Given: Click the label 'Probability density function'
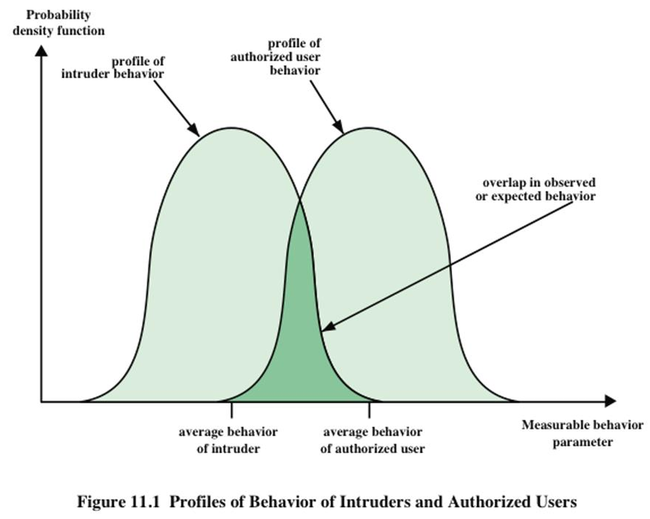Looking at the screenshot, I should [x=58, y=23].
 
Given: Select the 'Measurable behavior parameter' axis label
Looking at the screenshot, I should [x=582, y=433].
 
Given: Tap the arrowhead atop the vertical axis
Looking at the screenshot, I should [x=41, y=51].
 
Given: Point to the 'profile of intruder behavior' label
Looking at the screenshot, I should [x=112, y=68].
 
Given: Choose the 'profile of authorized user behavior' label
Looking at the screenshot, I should [x=276, y=57].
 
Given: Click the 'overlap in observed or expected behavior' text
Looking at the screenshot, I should [x=535, y=189].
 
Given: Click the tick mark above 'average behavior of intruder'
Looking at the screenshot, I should [x=231, y=410].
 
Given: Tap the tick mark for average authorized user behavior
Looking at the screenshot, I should [x=369, y=410].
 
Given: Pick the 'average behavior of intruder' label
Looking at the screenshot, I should [x=228, y=440].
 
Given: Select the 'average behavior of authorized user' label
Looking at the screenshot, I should [x=372, y=440].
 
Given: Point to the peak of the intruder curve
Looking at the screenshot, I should [x=231, y=128].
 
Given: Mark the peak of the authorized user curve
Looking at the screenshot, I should [x=369, y=128].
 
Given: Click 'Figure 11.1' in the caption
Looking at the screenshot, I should [x=118, y=502].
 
